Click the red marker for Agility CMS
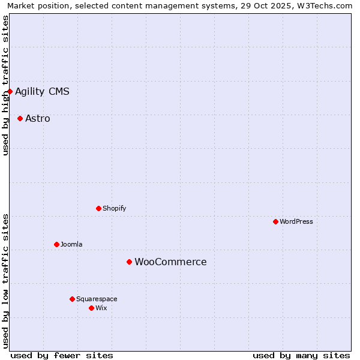click(x=10, y=91)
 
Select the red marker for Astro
click(x=20, y=118)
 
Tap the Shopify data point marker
click(x=99, y=208)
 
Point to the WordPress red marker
click(x=275, y=221)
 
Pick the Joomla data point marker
click(x=56, y=244)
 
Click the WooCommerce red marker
click(x=129, y=262)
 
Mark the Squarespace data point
click(x=72, y=299)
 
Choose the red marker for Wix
click(x=91, y=308)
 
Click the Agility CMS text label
click(x=42, y=91)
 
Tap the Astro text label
click(x=38, y=118)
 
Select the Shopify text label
click(x=114, y=208)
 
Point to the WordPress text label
click(x=296, y=221)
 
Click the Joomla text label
click(x=71, y=244)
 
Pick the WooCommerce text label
click(x=170, y=262)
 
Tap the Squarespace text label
click(x=97, y=299)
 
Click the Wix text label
click(x=101, y=308)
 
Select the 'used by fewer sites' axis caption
click(x=62, y=355)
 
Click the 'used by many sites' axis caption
click(x=301, y=355)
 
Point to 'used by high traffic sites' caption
click(x=5, y=85)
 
